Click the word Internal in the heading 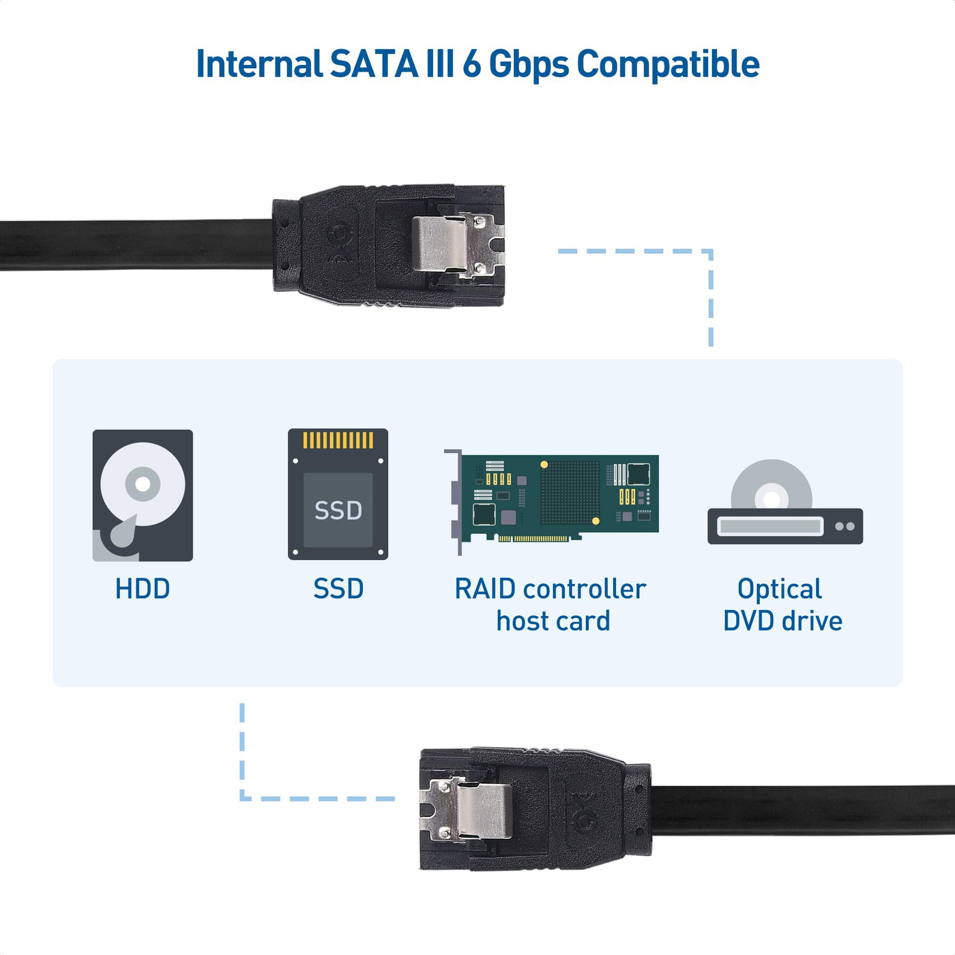[x=259, y=64]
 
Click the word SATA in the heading [x=374, y=64]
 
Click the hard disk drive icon [x=143, y=495]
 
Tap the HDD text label [x=142, y=589]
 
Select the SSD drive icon [x=338, y=495]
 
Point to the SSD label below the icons [x=338, y=589]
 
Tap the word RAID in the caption [x=485, y=589]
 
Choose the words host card [x=553, y=621]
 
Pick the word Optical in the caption [x=780, y=589]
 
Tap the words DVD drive [x=782, y=621]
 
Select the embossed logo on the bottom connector [x=585, y=810]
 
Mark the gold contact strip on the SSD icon [x=338, y=440]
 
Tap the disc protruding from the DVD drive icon [x=772, y=483]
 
